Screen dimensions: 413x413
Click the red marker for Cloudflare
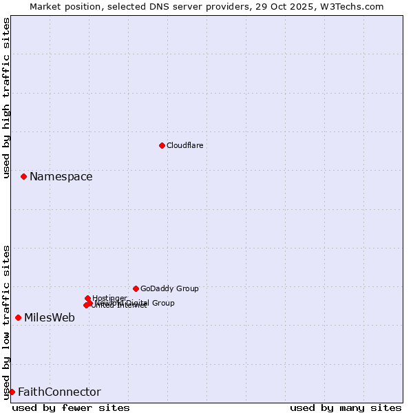pos(162,145)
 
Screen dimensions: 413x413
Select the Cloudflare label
pos(184,145)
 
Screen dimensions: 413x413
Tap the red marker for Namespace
pos(23,177)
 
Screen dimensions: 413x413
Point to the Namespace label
pos(61,177)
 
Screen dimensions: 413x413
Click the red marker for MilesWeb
pos(18,317)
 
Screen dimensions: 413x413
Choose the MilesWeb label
pos(50,318)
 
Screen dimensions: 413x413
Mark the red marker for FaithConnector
pos(12,392)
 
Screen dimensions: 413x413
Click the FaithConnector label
pos(59,392)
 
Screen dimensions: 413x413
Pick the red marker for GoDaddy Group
pos(136,288)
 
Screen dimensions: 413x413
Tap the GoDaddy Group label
pos(169,288)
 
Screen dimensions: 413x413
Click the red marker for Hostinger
pos(87,298)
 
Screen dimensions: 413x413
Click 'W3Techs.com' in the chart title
pos(354,6)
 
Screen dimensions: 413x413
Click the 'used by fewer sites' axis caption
pos(71,407)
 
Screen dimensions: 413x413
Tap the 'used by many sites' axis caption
pos(346,407)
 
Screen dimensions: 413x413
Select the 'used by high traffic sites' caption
pos(7,98)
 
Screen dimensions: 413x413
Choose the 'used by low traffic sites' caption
pos(7,321)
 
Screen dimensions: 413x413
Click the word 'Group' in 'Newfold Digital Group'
pos(163,303)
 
